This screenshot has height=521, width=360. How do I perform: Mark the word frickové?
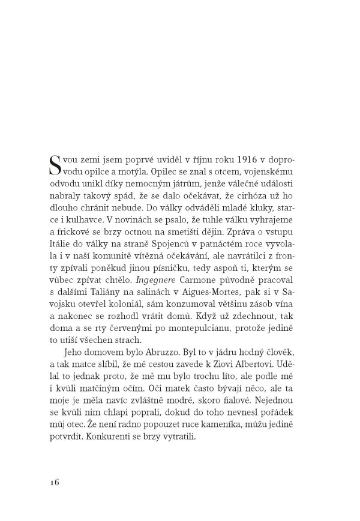[x=70, y=236]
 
